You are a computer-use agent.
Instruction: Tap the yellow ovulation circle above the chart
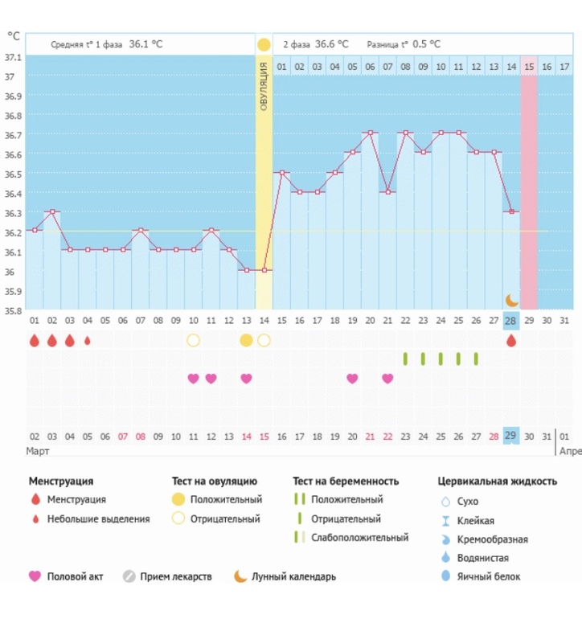pyautogui.click(x=264, y=44)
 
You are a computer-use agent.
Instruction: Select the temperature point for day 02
pyautogui.click(x=51, y=211)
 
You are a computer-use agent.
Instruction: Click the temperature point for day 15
pyautogui.click(x=282, y=173)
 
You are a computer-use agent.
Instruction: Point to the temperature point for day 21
pyautogui.click(x=387, y=192)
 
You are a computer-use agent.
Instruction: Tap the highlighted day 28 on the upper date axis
pyautogui.click(x=510, y=321)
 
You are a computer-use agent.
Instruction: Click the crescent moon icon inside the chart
pyautogui.click(x=512, y=300)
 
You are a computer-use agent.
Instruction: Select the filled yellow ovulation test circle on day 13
pyautogui.click(x=246, y=340)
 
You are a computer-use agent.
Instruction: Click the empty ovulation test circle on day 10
pyautogui.click(x=193, y=340)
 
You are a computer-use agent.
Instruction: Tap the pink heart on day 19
pyautogui.click(x=352, y=379)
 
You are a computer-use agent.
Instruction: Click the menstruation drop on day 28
pyautogui.click(x=510, y=341)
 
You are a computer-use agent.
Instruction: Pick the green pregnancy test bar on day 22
pyautogui.click(x=405, y=359)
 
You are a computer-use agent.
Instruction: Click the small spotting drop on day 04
pyautogui.click(x=87, y=341)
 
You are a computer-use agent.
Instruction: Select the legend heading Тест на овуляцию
pyautogui.click(x=214, y=482)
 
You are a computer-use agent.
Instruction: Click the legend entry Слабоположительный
pyautogui.click(x=359, y=538)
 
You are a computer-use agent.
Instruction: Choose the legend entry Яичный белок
pyautogui.click(x=489, y=576)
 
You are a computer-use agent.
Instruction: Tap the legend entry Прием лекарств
pyautogui.click(x=175, y=576)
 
